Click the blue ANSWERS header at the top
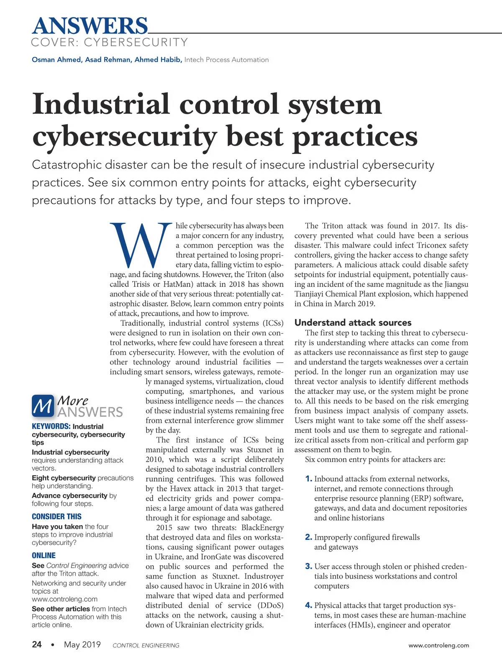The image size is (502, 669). pos(90,26)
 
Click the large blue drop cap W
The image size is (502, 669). pos(141,245)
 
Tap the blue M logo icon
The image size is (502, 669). pos(43,406)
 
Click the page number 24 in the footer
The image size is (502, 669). pos(37,644)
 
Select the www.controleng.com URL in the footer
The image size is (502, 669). pos(438,645)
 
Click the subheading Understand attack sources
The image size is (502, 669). pos(353,322)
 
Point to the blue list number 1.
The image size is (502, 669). pos(309,479)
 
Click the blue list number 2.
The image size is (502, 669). pos(309,537)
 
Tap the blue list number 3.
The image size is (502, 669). pos(309,567)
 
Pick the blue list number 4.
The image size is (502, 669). pos(309,605)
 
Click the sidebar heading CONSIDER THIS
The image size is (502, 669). pos(56,516)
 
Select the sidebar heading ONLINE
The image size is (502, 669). pos(44,555)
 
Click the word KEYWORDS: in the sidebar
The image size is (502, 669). pos(51,426)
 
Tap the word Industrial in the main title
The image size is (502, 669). pos(101,104)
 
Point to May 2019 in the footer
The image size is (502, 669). pos(82,644)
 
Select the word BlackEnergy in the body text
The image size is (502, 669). pos(262,528)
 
